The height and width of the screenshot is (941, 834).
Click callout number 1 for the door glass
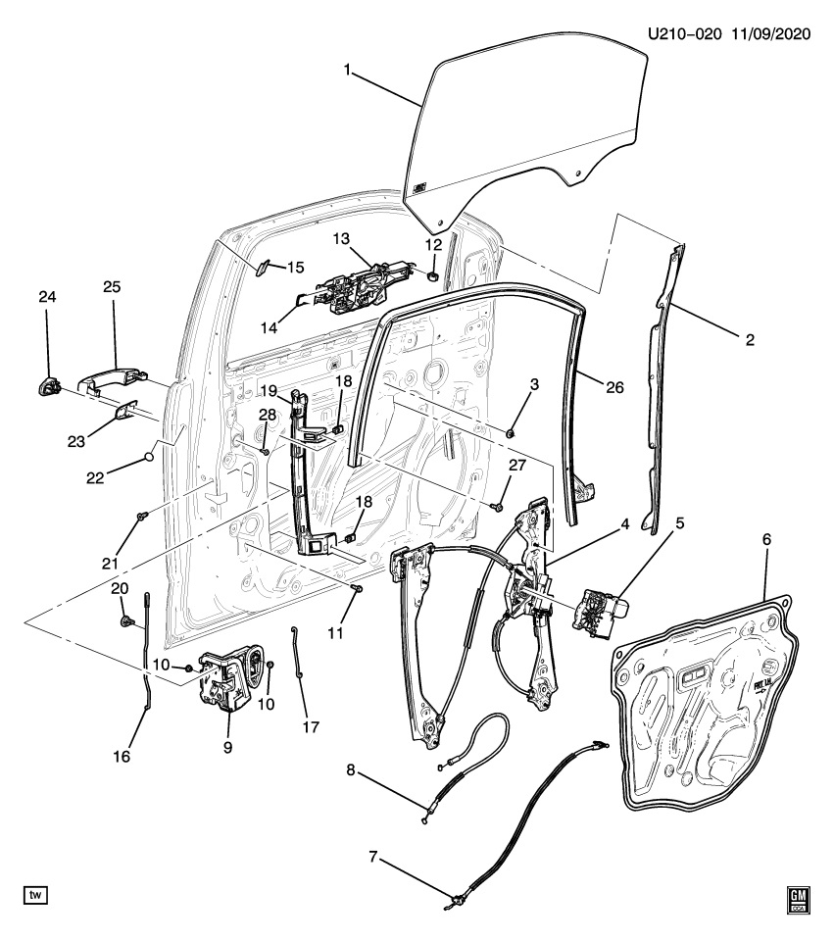coord(346,70)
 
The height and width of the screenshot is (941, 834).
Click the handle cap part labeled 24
coord(48,385)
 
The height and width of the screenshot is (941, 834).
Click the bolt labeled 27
coord(497,506)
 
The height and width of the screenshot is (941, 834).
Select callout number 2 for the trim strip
coord(750,339)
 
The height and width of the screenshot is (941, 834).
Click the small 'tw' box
coord(35,895)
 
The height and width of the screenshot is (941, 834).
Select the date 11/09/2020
coord(771,34)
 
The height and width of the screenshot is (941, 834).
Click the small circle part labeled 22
coord(149,455)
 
